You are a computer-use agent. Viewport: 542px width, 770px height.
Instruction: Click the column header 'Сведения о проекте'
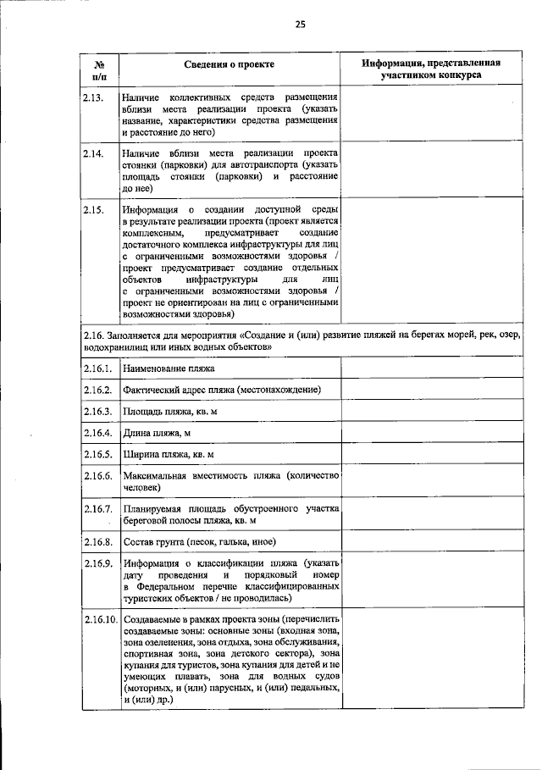[x=230, y=64]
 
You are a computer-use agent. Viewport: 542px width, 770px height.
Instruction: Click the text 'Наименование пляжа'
[x=169, y=369]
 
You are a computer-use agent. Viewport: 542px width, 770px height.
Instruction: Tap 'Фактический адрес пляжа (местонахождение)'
[x=220, y=391]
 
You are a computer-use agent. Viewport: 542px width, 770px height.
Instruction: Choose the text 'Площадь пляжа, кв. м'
[x=170, y=412]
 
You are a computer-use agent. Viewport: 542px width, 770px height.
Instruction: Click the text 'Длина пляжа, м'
[x=157, y=433]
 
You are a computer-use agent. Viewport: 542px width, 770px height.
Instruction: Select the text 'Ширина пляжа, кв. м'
[x=168, y=454]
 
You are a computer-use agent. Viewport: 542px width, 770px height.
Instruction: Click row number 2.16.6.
[x=98, y=476]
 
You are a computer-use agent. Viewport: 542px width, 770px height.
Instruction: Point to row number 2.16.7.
[x=98, y=509]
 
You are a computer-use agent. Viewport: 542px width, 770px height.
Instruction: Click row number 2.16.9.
[x=98, y=563]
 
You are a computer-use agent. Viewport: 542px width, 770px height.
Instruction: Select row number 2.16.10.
[x=101, y=620]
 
